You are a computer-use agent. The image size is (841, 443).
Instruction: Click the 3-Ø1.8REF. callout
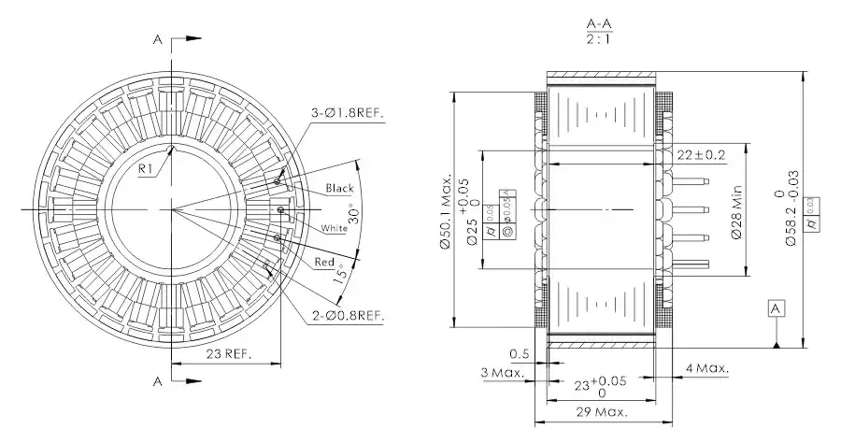(349, 114)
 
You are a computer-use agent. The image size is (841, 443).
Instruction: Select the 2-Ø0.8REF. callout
(347, 316)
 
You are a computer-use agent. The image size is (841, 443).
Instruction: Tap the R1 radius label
(147, 168)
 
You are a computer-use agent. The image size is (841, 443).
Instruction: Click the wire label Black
(339, 189)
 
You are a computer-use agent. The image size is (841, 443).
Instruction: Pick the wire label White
(334, 228)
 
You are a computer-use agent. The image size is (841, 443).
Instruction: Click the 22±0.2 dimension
(700, 154)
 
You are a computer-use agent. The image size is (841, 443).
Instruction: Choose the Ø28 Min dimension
(735, 214)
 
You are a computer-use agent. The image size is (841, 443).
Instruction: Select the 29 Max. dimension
(602, 411)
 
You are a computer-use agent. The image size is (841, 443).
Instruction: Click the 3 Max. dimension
(503, 373)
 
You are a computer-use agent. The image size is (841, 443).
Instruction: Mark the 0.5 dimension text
(520, 353)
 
